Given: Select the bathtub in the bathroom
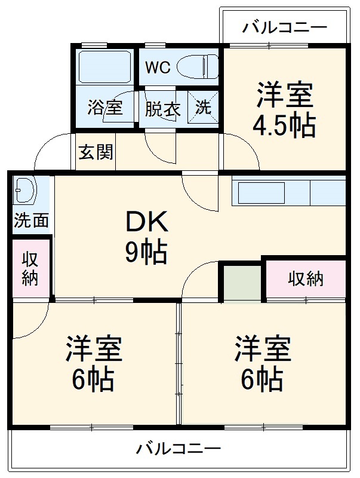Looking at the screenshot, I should click(104, 67).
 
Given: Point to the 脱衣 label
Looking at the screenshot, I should click(162, 109).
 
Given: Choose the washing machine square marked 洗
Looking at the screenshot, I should click(204, 108).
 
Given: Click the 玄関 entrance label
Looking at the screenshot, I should click(96, 152).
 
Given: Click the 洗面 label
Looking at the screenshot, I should click(31, 221).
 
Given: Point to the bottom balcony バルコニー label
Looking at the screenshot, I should click(178, 448).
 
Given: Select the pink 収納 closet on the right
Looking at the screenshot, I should click(306, 278).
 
